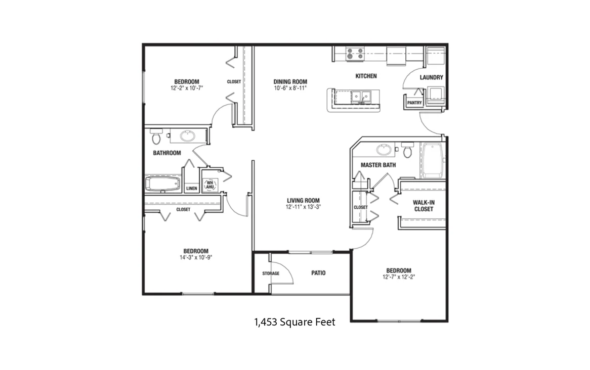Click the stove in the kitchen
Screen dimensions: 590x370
click(x=355, y=54)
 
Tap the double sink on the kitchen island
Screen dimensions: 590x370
click(x=361, y=97)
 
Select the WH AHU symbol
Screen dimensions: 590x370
click(x=210, y=184)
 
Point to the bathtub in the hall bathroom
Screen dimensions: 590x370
click(x=162, y=184)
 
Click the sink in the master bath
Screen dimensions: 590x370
click(x=384, y=150)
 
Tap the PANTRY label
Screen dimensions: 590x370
click(x=414, y=103)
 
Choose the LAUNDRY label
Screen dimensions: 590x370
click(x=431, y=77)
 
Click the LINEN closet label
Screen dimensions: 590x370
click(x=192, y=189)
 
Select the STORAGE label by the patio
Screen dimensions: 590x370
click(x=271, y=273)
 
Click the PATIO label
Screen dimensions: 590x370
click(x=318, y=273)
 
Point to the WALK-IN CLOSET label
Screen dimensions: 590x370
click(x=424, y=206)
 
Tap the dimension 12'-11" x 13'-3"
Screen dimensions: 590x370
click(x=303, y=207)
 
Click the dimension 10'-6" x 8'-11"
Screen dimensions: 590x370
click(x=290, y=88)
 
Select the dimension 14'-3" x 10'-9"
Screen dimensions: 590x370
click(x=196, y=258)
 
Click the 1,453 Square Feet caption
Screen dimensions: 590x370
click(x=294, y=322)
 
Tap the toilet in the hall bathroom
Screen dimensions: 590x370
click(x=156, y=136)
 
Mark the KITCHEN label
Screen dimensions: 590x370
click(x=366, y=76)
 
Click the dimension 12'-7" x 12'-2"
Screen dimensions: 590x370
click(x=399, y=277)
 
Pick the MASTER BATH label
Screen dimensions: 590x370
click(x=378, y=165)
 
